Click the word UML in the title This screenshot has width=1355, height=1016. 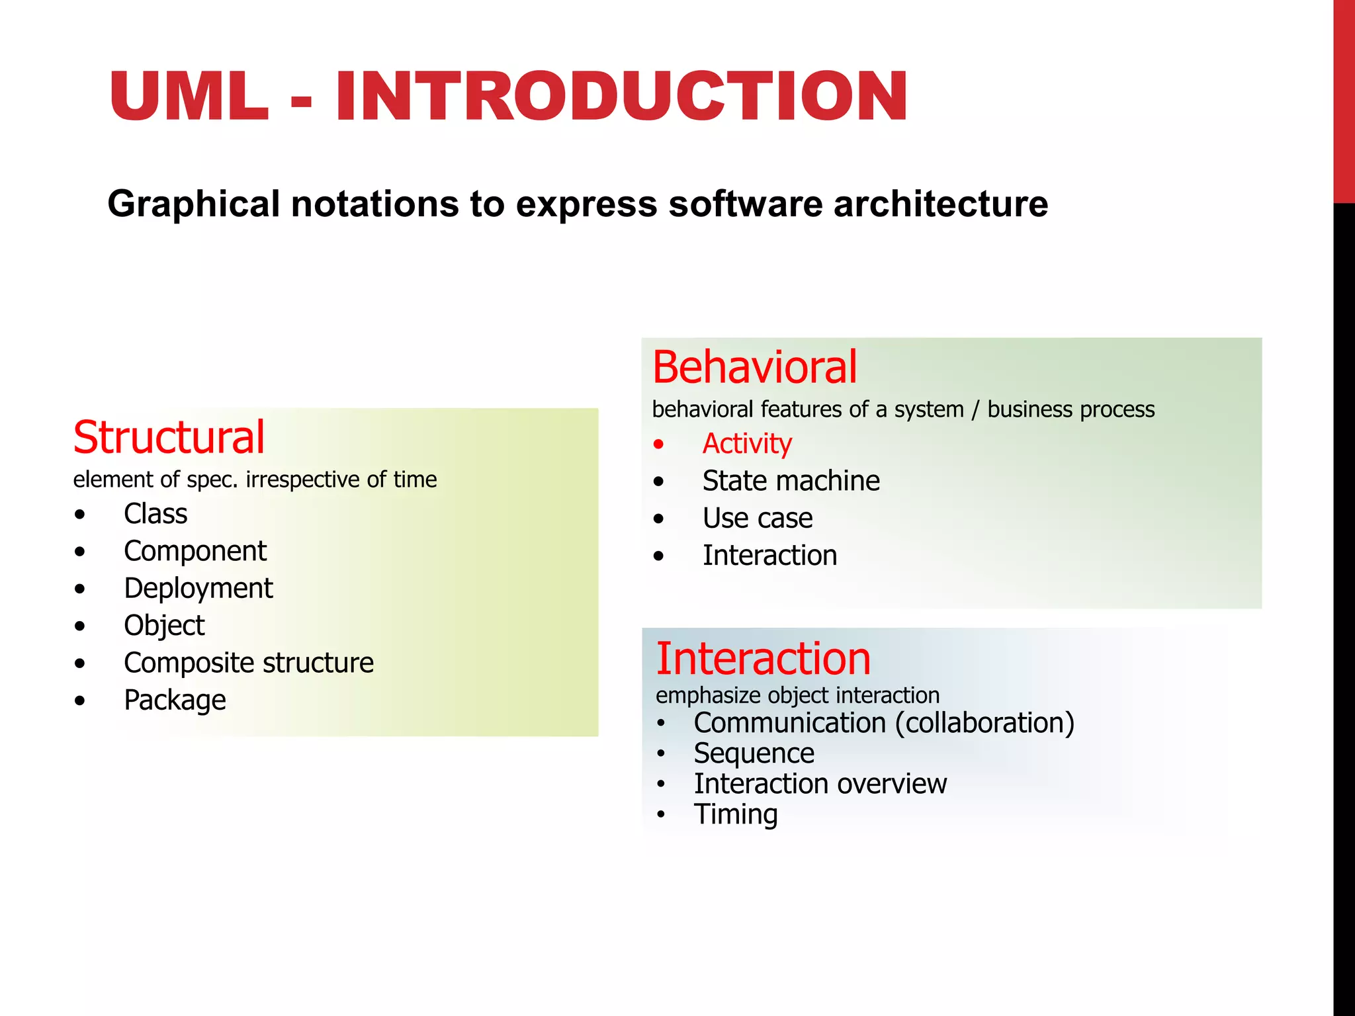point(189,97)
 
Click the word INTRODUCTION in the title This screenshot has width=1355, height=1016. point(621,97)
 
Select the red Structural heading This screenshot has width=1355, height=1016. point(169,438)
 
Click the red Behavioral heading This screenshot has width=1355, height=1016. point(754,368)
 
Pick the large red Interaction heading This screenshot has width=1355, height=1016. point(763,659)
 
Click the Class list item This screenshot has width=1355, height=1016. point(155,514)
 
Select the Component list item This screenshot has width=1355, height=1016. point(195,551)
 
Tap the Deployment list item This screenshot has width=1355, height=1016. point(198,588)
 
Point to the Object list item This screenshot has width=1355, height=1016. point(164,626)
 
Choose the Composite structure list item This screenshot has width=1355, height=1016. point(249,663)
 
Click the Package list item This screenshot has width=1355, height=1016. point(175,700)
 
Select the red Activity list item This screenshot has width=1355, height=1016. point(747,444)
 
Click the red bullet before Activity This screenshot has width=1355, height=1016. point(658,444)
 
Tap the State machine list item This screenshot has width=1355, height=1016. point(791,481)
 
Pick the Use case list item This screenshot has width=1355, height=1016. point(758,518)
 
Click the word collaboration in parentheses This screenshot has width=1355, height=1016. point(984,723)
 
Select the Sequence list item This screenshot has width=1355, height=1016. point(754,753)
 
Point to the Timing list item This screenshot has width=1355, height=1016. point(736,814)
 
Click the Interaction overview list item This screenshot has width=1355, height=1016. point(820,784)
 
